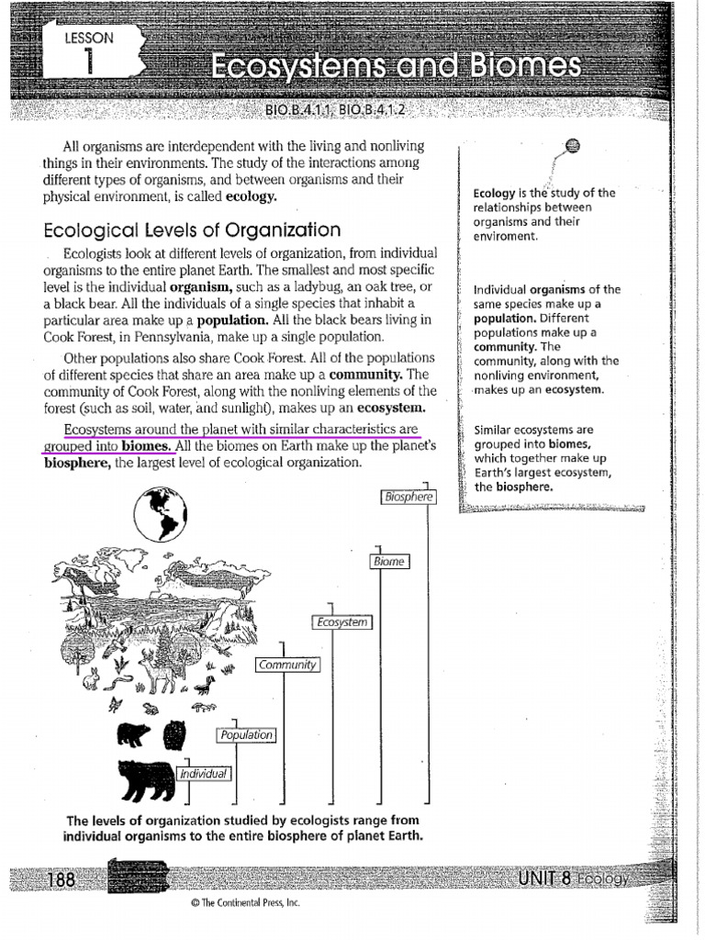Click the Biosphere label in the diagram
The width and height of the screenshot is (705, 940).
pyautogui.click(x=408, y=498)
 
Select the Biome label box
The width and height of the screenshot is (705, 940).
pyautogui.click(x=389, y=561)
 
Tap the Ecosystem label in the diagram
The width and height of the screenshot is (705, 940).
pyautogui.click(x=343, y=622)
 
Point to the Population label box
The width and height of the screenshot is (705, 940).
pyautogui.click(x=246, y=734)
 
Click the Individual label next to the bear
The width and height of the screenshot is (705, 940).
pyautogui.click(x=204, y=774)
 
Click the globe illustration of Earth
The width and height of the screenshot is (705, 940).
pyautogui.click(x=161, y=515)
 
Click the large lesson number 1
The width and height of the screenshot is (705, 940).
pyautogui.click(x=89, y=63)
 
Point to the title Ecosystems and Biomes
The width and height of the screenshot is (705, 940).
pyautogui.click(x=395, y=67)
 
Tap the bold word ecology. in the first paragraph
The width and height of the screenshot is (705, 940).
pyautogui.click(x=251, y=196)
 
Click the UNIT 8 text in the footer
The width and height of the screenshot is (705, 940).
pyautogui.click(x=544, y=878)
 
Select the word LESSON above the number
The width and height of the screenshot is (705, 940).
pyautogui.click(x=89, y=39)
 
